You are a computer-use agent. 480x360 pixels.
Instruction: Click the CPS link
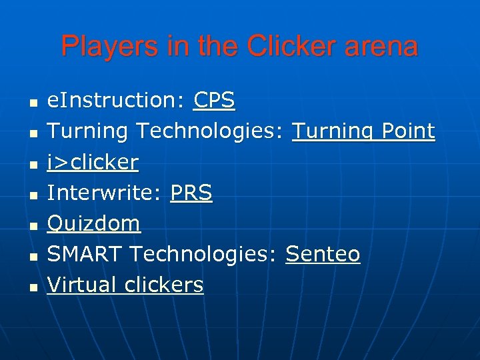[x=214, y=101]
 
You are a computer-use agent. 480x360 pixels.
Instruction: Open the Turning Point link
[x=363, y=131]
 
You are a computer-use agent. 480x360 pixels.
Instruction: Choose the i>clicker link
[x=93, y=162]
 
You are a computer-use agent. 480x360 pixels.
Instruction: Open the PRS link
[x=191, y=193]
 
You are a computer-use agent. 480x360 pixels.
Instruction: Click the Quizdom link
[x=94, y=223]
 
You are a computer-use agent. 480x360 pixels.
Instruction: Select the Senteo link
[x=323, y=254]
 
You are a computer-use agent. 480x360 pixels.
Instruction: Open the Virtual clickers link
[x=125, y=285]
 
